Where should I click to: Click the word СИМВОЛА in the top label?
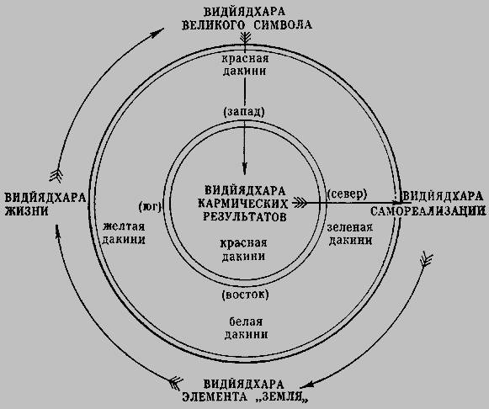tap(283, 24)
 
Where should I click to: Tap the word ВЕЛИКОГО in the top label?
tap(214, 24)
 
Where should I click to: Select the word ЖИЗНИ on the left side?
tap(27, 211)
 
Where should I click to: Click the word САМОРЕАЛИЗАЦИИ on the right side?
tap(428, 211)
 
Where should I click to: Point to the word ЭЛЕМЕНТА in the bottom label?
tap(215, 397)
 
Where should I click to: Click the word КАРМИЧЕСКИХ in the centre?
tap(243, 204)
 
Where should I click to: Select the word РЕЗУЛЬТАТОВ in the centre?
tap(245, 216)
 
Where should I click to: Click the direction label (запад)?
tap(244, 112)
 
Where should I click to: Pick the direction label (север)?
tap(347, 194)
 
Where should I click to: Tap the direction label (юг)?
tap(150, 207)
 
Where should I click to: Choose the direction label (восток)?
tap(245, 295)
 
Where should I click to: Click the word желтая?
tap(124, 226)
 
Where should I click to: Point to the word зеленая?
tap(350, 227)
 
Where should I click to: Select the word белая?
tap(246, 321)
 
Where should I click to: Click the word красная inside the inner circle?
tap(243, 243)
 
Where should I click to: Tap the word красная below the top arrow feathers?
tap(245, 59)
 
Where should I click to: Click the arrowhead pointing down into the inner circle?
tap(245, 168)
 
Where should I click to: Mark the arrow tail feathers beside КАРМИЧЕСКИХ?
tap(300, 204)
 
